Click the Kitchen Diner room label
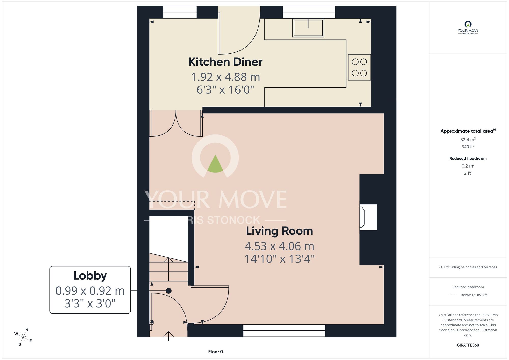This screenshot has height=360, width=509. [x=225, y=62]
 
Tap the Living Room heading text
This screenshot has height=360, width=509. [x=279, y=231]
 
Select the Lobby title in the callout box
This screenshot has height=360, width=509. [x=90, y=276]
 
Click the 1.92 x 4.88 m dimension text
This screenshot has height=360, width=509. [x=225, y=77]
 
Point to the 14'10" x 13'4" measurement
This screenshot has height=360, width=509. [x=279, y=259]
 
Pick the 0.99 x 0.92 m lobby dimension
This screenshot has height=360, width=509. [x=90, y=291]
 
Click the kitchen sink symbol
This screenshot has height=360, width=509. [x=308, y=28]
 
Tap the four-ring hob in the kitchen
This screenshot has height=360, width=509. [x=359, y=67]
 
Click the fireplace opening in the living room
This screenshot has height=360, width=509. [x=368, y=217]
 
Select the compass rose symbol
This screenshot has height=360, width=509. [x=23, y=337]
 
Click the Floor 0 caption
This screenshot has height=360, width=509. [x=216, y=352]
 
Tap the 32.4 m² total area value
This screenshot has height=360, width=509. [x=468, y=140]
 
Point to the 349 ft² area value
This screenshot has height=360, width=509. [x=468, y=147]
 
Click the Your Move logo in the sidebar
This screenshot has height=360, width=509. [x=468, y=27]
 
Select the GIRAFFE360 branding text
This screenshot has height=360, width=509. [x=468, y=345]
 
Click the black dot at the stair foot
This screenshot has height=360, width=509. [x=168, y=291]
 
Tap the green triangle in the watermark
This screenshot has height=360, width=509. [x=215, y=164]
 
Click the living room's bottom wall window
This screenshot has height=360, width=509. [x=284, y=330]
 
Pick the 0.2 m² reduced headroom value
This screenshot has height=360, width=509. [x=468, y=166]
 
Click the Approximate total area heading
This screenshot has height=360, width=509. [x=468, y=131]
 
